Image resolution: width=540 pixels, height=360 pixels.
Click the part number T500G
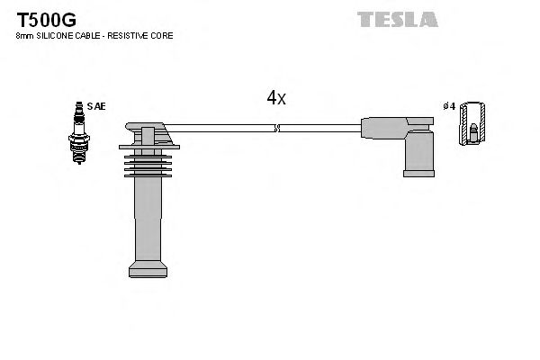click(42, 18)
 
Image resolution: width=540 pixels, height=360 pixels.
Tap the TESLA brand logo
click(397, 19)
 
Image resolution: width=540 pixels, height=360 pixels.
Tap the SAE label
click(96, 106)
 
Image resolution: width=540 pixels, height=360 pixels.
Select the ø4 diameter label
click(449, 106)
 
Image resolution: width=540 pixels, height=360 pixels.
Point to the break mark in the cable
click(277, 129)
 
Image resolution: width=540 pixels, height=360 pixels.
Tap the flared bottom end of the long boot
click(148, 268)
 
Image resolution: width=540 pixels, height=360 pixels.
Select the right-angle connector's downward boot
click(418, 153)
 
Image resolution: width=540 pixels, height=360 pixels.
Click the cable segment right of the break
click(319, 129)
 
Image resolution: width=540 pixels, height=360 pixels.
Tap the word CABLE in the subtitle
click(87, 36)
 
